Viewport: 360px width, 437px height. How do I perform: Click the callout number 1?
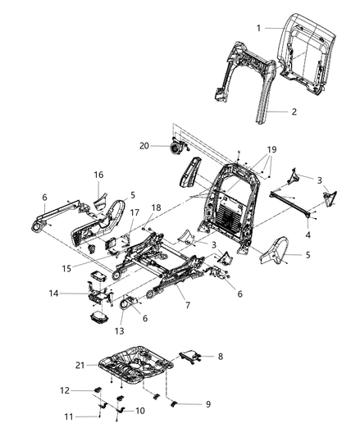click(x=258, y=27)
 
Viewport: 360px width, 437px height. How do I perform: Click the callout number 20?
click(x=144, y=146)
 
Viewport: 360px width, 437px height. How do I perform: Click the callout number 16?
click(x=98, y=175)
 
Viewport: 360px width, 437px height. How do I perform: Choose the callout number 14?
click(x=75, y=293)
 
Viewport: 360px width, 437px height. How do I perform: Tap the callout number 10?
click(x=139, y=410)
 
